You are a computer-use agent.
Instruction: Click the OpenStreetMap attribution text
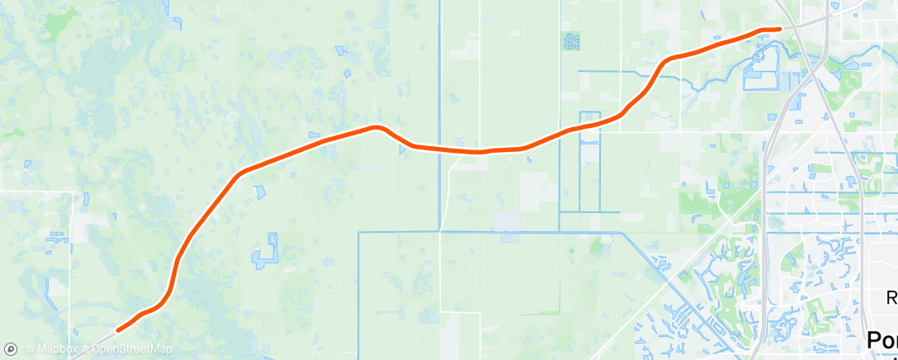[x=131, y=350]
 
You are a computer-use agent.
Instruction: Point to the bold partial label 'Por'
[x=881, y=341]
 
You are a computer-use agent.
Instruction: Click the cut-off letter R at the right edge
[x=892, y=298]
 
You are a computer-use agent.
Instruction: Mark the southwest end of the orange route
[x=119, y=330]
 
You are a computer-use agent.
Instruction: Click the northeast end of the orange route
[x=778, y=29]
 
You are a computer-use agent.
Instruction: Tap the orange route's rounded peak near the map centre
[x=377, y=127]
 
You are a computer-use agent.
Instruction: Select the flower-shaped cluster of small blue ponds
[x=570, y=40]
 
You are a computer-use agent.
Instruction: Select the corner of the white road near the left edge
[x=73, y=193]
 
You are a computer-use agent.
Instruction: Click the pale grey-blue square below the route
[x=507, y=221]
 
